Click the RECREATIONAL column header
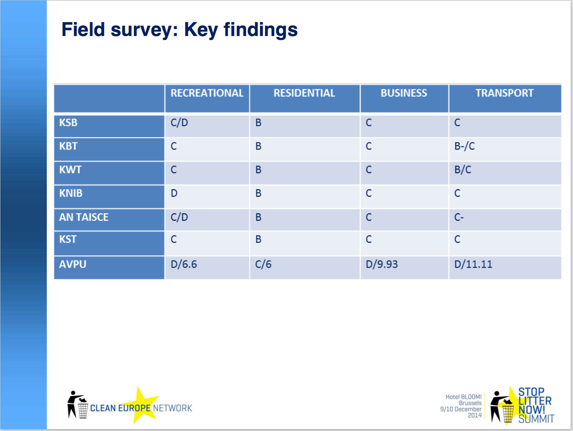coord(207,93)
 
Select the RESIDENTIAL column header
coord(304,93)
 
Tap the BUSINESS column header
coord(404,93)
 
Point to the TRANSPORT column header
coord(505,93)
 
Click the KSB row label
coord(68,122)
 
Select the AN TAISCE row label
coord(84,217)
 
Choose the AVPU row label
coord(73,264)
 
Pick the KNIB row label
coord(70,193)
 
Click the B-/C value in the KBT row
coord(464,146)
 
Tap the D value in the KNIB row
coord(174,193)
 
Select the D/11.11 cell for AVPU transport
coord(473,264)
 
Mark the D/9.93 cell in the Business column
coord(381,264)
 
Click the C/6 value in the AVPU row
coord(263,264)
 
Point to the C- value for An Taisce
coord(459,217)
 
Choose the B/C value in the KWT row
coord(463,170)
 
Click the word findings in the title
coord(260,30)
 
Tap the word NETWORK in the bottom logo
coord(172,408)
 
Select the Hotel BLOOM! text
coord(464,397)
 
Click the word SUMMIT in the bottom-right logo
coord(536,419)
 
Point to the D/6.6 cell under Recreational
coord(184,264)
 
